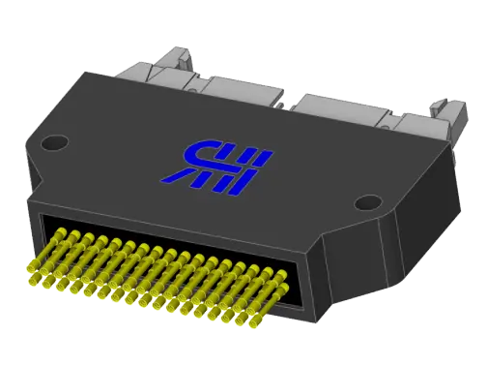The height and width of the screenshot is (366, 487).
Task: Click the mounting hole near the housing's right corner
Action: (367, 203)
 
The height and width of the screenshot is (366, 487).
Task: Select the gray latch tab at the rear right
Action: (442, 112)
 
